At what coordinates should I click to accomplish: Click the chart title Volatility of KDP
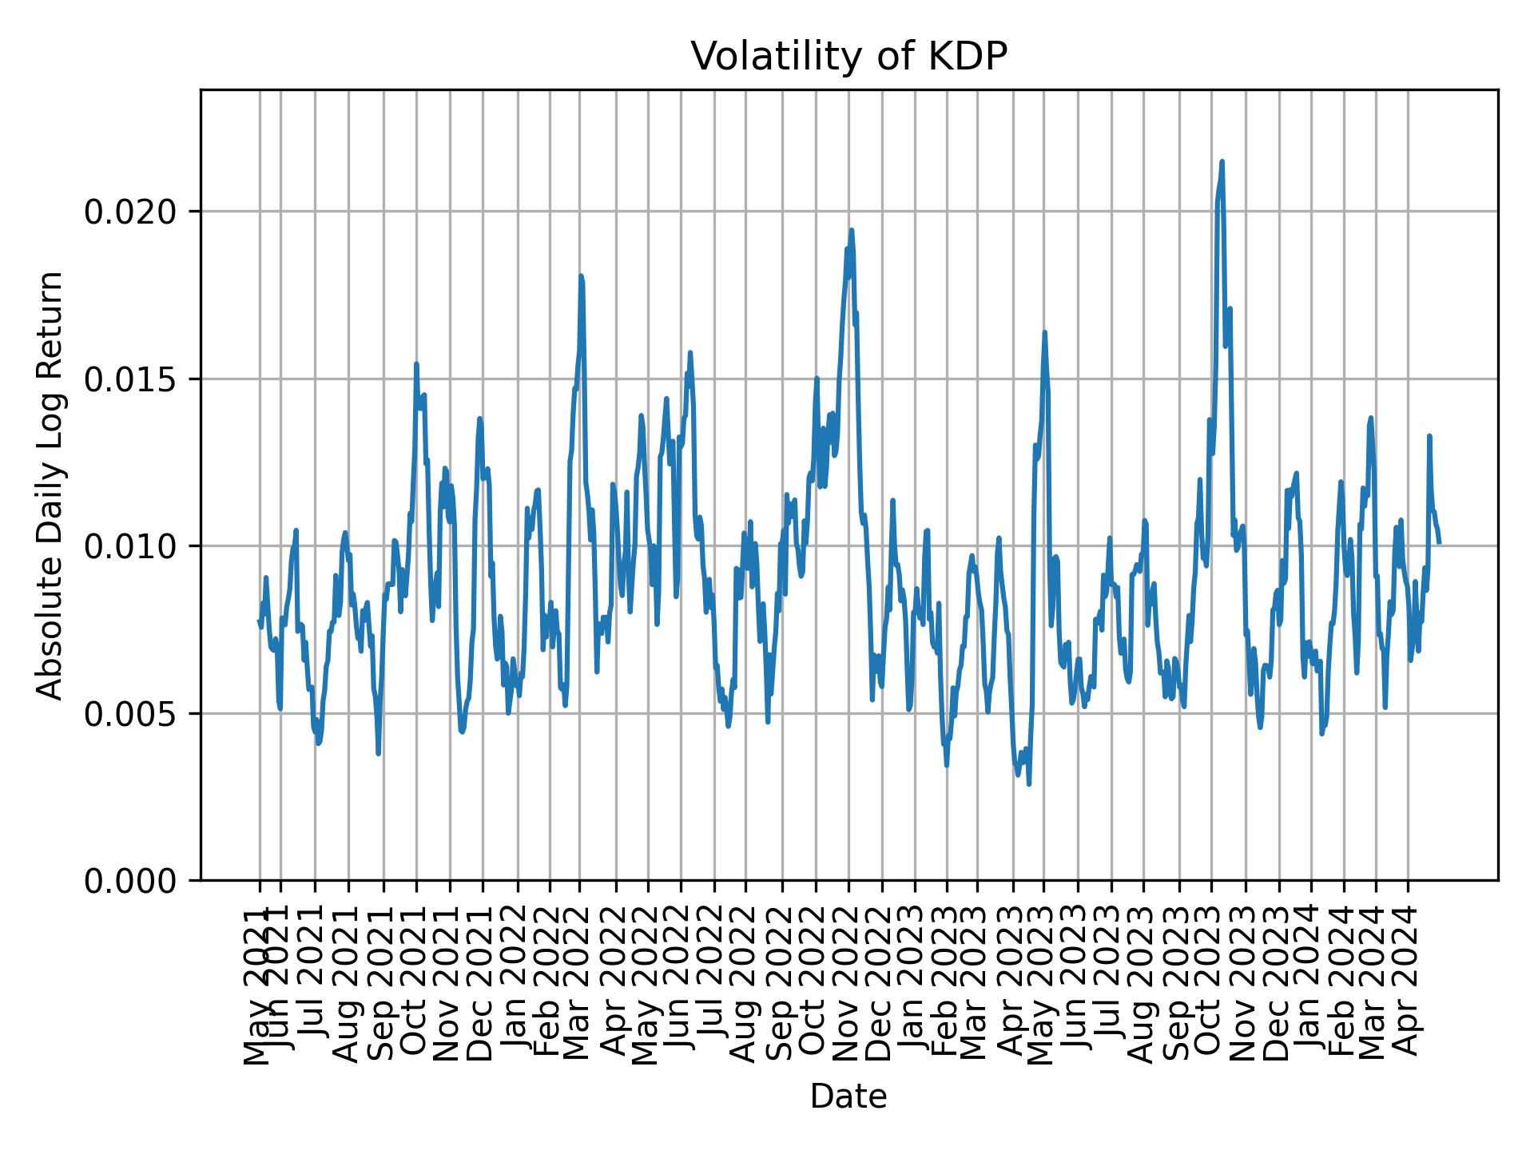848,57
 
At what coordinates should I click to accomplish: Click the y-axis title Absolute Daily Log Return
51,485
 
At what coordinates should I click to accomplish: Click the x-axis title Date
848,1096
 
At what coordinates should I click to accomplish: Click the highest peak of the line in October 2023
1222,162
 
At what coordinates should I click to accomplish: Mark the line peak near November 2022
852,230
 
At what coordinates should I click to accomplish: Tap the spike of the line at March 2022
581,276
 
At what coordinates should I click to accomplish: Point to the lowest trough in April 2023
1028,784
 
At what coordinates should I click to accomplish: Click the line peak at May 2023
1044,332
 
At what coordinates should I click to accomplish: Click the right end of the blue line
1439,543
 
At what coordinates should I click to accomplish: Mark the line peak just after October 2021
416,364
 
